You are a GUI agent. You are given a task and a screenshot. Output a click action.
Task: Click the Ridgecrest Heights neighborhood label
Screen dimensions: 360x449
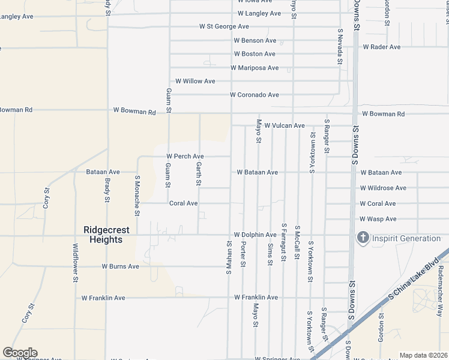click(103, 235)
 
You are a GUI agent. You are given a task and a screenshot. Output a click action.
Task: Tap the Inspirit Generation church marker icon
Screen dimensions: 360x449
click(363, 238)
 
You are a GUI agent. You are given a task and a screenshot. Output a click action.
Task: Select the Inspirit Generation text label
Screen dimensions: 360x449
click(406, 238)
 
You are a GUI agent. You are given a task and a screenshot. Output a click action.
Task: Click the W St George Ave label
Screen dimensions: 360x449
click(224, 26)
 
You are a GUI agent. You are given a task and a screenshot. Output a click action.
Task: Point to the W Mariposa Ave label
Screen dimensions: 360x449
click(255, 68)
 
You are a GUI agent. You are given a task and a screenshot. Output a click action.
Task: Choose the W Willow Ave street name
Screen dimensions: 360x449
click(194, 81)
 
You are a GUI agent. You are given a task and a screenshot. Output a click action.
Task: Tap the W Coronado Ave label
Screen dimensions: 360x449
click(255, 95)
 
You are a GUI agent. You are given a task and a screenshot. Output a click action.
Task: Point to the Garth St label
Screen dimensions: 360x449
click(198, 173)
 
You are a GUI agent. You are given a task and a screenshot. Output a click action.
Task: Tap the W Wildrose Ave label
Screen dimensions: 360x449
click(383, 188)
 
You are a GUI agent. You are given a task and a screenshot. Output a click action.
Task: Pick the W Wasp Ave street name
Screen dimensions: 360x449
click(378, 219)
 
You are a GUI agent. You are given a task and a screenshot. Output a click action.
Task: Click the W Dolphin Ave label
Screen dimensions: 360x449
click(255, 235)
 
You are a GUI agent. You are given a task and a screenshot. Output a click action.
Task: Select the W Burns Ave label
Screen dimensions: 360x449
click(120, 266)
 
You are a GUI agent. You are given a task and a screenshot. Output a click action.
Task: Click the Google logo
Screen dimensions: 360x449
click(20, 353)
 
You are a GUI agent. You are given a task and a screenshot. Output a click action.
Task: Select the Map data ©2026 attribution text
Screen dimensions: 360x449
click(423, 355)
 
